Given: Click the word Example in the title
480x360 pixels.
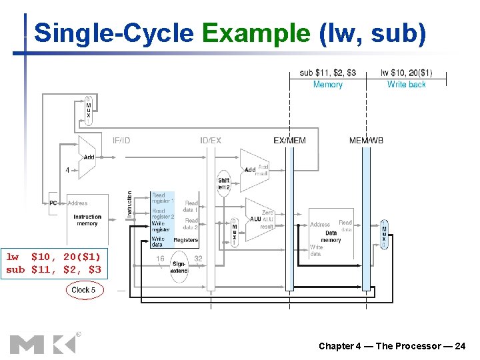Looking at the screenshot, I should click(x=256, y=33).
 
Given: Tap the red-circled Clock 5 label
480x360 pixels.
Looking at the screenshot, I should click(x=83, y=290).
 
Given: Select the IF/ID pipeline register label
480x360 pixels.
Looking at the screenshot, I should click(x=121, y=140).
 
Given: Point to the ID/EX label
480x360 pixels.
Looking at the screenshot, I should click(x=211, y=140).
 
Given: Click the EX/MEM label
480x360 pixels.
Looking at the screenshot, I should click(x=290, y=140).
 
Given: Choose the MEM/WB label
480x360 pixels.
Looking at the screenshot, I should click(x=366, y=140).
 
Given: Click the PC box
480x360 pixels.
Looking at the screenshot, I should click(x=53, y=203).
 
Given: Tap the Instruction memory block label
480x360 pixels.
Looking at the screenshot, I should click(x=87, y=220).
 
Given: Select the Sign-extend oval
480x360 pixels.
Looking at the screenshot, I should click(x=179, y=267).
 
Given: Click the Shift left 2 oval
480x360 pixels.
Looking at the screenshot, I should click(x=224, y=183).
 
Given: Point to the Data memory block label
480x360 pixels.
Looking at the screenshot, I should click(x=331, y=237).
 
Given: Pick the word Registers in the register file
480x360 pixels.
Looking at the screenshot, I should click(x=185, y=240).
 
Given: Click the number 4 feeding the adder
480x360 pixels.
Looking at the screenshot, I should click(x=67, y=170).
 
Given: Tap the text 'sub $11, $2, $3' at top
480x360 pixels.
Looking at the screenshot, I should click(x=328, y=73).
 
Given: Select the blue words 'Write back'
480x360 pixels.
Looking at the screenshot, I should click(x=406, y=85).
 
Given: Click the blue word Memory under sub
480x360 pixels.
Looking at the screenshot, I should click(x=327, y=85).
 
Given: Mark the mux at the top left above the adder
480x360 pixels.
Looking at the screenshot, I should click(x=88, y=109).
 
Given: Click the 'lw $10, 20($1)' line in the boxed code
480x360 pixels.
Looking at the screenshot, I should click(x=53, y=257).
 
